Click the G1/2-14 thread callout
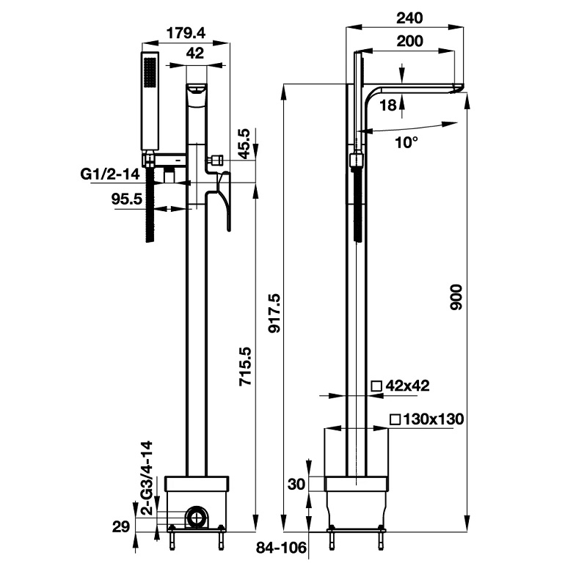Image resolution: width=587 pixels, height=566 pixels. (111, 174)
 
